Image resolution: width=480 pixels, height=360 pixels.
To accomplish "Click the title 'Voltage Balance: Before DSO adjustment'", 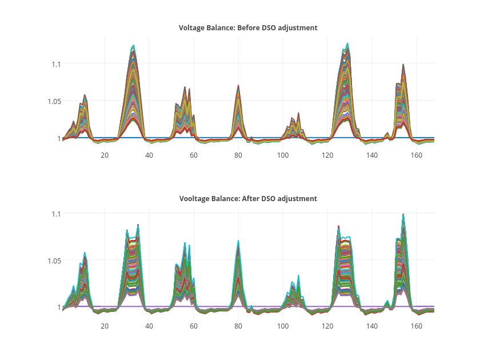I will [x=248, y=27].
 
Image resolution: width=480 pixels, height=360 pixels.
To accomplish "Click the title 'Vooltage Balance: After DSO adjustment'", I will [x=248, y=198].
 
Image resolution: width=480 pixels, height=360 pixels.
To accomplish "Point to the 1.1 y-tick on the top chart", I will [x=56, y=64].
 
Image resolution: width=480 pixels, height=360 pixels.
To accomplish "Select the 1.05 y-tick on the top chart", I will [x=54, y=101].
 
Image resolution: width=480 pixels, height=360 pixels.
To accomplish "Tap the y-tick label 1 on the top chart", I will [x=58, y=138].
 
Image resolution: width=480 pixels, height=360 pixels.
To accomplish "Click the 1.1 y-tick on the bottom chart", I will [x=56, y=213].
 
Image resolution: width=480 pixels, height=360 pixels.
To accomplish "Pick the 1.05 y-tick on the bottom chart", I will [x=54, y=260].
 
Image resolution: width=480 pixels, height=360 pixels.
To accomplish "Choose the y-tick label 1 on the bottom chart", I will [x=58, y=307].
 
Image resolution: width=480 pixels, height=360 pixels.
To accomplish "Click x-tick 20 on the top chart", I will [x=105, y=155].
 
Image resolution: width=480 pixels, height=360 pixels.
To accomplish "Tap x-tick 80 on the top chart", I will [x=238, y=155].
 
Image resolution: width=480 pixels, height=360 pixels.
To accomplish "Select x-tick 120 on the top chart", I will [x=327, y=155].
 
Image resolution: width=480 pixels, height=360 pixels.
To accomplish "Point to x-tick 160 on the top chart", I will [x=417, y=155].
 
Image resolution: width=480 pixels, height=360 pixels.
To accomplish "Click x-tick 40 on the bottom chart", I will [x=149, y=326].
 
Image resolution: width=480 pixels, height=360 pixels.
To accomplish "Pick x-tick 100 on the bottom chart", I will [x=283, y=326].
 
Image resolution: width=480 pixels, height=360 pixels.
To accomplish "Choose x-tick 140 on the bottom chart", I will [x=372, y=326].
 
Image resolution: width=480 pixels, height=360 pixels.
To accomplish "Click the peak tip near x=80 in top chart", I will [x=238, y=85].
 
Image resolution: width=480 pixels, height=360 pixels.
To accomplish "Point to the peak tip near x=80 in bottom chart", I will [x=238, y=241].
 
